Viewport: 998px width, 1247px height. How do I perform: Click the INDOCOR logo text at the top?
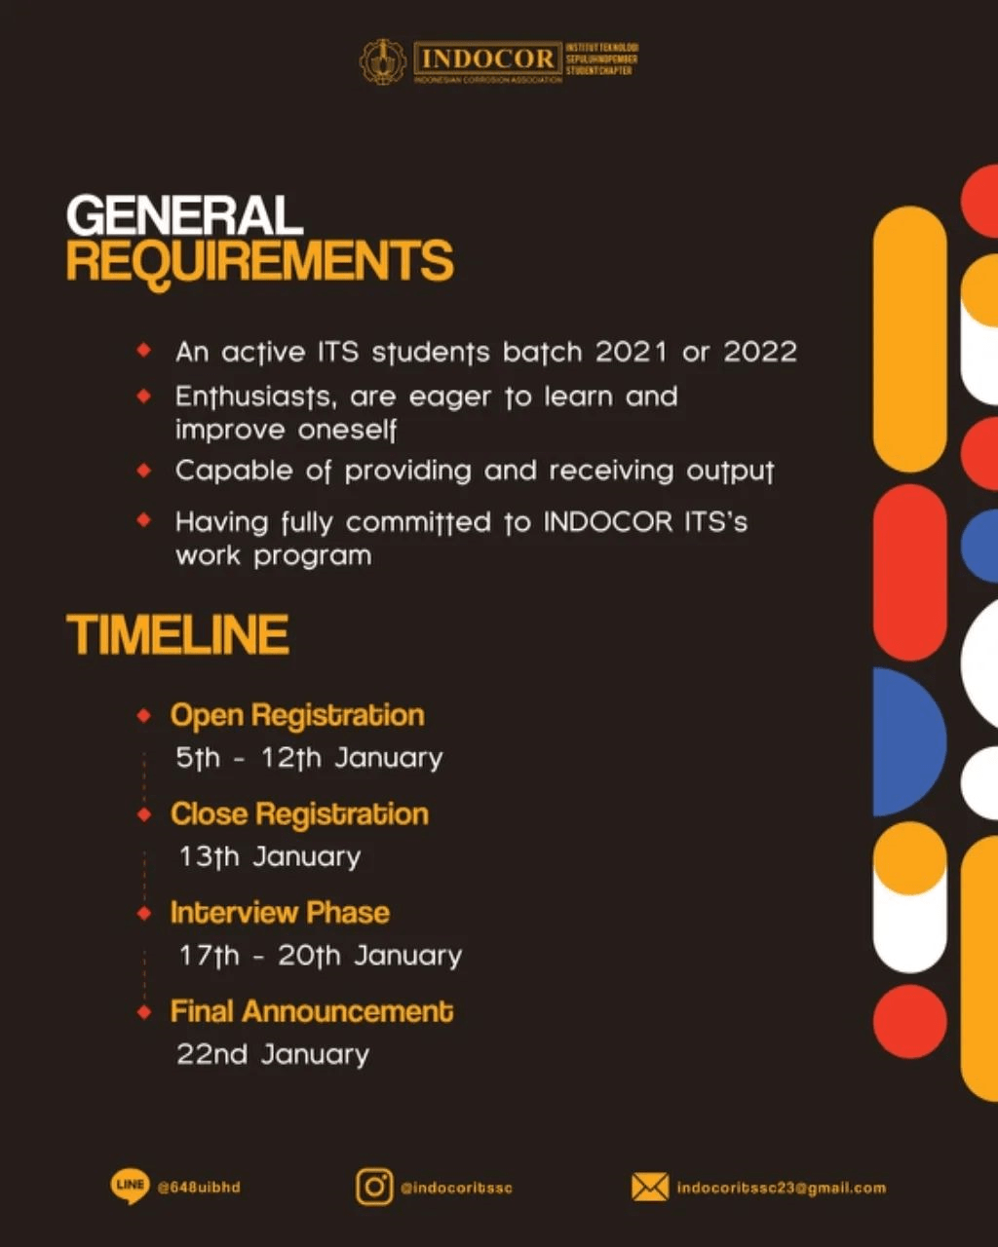(x=487, y=58)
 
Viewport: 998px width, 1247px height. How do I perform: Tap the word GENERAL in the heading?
(x=184, y=215)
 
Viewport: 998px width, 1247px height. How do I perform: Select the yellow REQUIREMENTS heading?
(x=259, y=261)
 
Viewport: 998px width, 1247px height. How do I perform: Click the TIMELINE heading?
(x=177, y=634)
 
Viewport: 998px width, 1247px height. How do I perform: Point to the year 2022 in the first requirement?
(x=760, y=352)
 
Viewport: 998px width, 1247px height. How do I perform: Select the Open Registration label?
(x=297, y=715)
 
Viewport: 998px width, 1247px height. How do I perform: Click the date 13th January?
(x=269, y=857)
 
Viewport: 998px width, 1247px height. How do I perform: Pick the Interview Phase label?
(x=280, y=913)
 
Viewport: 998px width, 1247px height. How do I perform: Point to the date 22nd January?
(x=273, y=1054)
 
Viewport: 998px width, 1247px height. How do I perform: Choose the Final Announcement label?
(x=312, y=1011)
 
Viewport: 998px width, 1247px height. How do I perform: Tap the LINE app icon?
(x=130, y=1187)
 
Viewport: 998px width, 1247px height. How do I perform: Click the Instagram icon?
(x=374, y=1188)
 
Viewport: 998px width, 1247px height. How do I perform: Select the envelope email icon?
(x=650, y=1188)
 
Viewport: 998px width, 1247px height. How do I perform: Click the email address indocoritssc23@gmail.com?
(x=781, y=1188)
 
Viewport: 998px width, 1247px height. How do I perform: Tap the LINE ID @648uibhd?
(x=199, y=1188)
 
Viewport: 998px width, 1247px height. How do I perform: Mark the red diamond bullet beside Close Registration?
(x=144, y=814)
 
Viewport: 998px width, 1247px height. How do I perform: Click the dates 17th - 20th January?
(x=320, y=956)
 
